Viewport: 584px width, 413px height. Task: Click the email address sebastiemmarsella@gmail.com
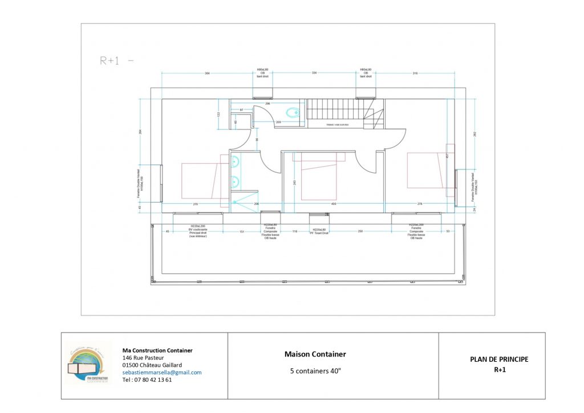click(x=162, y=372)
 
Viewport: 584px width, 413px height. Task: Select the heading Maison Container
click(x=315, y=354)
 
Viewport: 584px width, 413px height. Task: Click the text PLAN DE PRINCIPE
click(x=499, y=359)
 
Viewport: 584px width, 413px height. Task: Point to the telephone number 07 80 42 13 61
click(x=152, y=380)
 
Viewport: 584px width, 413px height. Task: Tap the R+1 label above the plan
click(x=110, y=60)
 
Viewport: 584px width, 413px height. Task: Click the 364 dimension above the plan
click(x=207, y=73)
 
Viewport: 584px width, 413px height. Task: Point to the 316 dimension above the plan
click(x=415, y=73)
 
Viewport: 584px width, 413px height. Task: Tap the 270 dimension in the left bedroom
click(x=195, y=204)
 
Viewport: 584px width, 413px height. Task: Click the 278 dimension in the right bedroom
click(x=420, y=204)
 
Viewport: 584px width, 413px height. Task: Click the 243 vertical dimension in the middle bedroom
click(x=295, y=183)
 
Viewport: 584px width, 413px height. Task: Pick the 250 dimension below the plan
click(x=360, y=231)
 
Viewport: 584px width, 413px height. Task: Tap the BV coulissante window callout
click(x=198, y=230)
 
